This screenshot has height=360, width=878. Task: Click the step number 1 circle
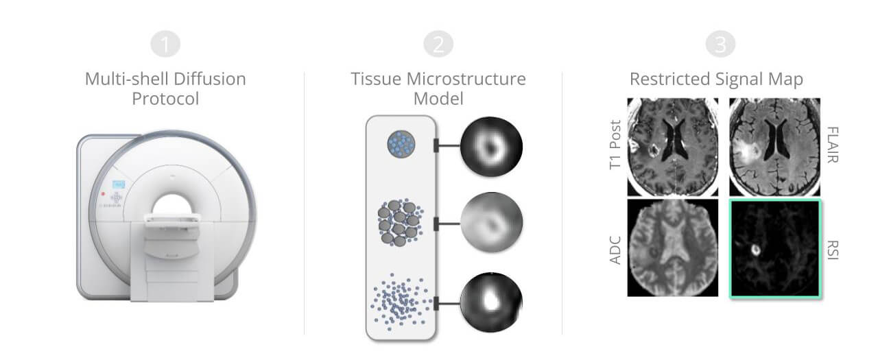(165, 44)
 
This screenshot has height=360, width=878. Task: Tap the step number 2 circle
(438, 44)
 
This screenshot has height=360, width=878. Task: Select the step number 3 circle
(720, 44)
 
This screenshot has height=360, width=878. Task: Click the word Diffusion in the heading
(210, 79)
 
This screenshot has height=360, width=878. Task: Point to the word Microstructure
(466, 79)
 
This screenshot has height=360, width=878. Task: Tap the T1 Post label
(615, 145)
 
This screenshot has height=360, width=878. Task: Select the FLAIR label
(833, 145)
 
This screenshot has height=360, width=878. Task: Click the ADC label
(615, 250)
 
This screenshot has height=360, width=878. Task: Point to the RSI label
(833, 250)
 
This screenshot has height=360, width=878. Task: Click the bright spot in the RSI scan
(755, 250)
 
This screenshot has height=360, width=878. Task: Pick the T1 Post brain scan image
(673, 147)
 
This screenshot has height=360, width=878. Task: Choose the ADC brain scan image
(673, 248)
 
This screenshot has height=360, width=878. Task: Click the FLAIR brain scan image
(774, 147)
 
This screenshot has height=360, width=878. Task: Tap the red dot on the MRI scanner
(103, 193)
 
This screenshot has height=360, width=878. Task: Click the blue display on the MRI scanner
(119, 184)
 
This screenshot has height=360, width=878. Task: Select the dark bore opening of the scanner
(172, 206)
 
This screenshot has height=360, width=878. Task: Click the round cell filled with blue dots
(401, 144)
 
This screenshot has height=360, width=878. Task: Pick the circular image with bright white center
(491, 302)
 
